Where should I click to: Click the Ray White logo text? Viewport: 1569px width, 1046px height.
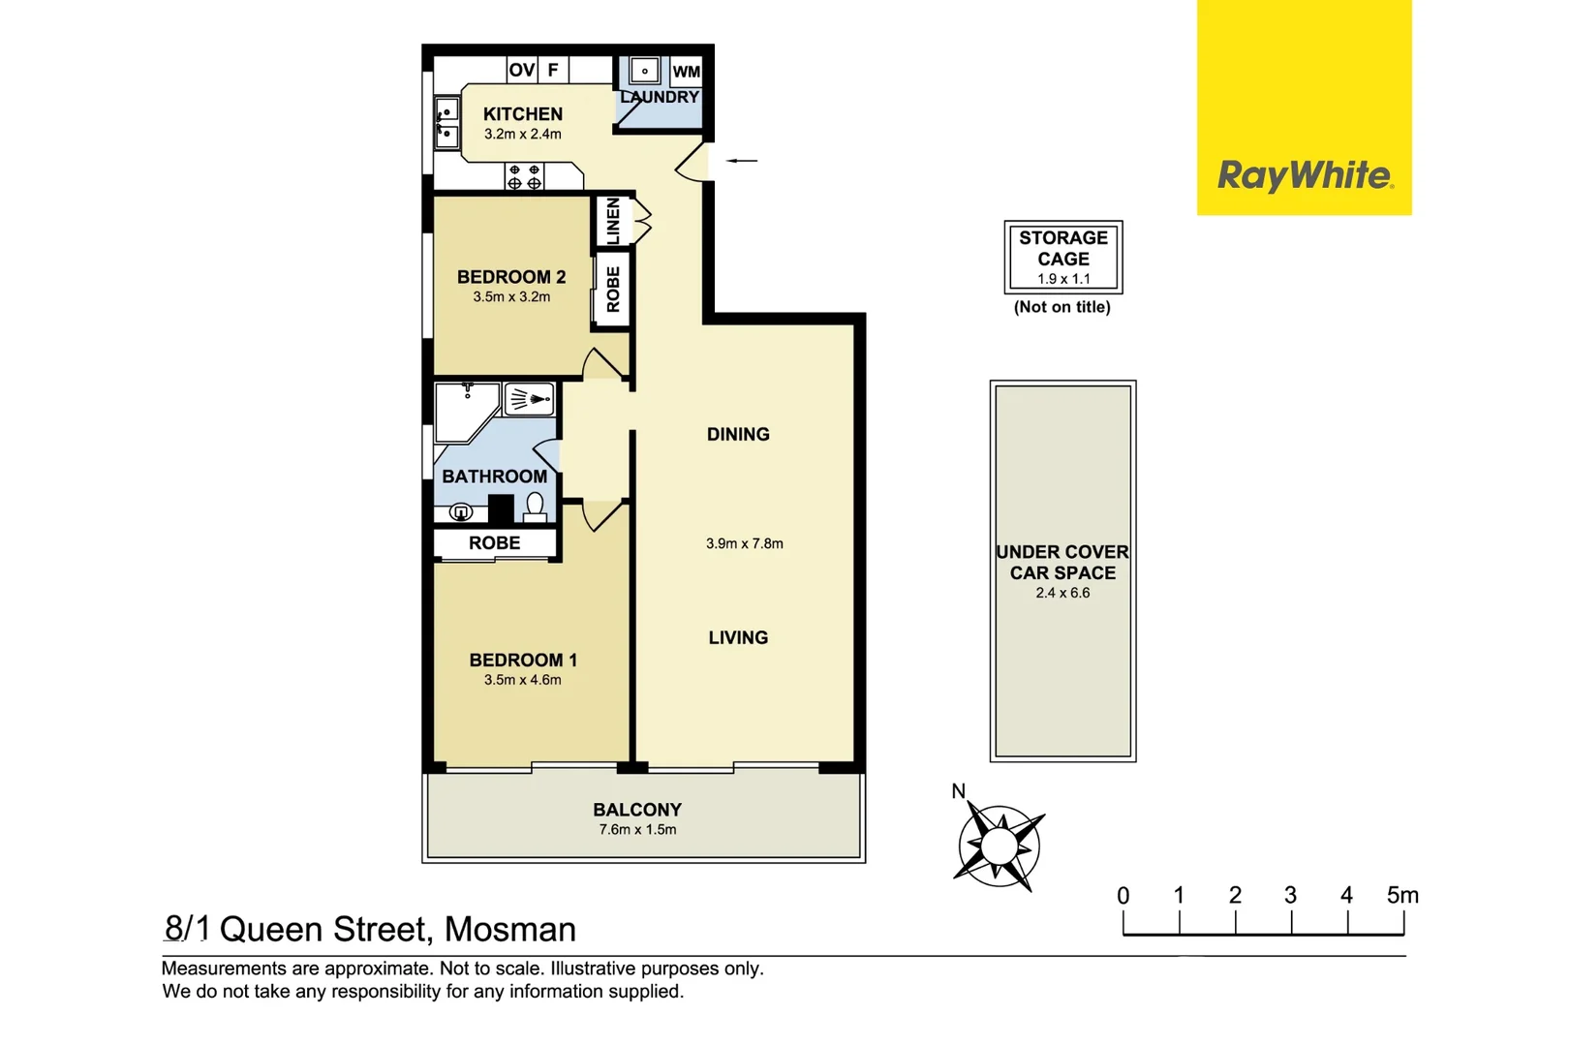(x=1305, y=175)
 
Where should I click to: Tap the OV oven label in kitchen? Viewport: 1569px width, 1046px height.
(x=521, y=70)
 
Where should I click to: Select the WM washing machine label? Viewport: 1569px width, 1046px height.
(x=686, y=71)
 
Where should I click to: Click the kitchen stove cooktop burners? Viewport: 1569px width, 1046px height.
(x=524, y=176)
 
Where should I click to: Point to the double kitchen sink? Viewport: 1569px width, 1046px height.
(x=446, y=123)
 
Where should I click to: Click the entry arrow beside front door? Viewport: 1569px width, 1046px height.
(x=742, y=160)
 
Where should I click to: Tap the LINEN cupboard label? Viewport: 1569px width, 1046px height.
(x=612, y=221)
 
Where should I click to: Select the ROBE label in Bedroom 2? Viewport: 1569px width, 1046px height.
(x=612, y=289)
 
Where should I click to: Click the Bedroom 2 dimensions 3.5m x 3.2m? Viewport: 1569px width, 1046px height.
(x=511, y=297)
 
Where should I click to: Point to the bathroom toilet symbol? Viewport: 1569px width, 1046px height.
(x=535, y=506)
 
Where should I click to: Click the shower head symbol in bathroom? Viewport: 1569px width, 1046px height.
(x=530, y=398)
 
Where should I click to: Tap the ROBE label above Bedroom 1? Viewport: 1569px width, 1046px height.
(x=494, y=543)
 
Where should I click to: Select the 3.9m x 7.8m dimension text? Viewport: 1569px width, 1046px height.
(x=744, y=543)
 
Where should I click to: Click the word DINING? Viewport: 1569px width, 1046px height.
(x=738, y=435)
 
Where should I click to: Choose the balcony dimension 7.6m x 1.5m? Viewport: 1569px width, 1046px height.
(x=637, y=830)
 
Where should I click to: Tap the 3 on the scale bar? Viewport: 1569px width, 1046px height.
(x=1290, y=896)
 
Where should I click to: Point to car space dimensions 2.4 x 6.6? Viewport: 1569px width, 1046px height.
(x=1062, y=593)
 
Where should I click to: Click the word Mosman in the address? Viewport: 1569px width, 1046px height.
(x=509, y=930)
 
